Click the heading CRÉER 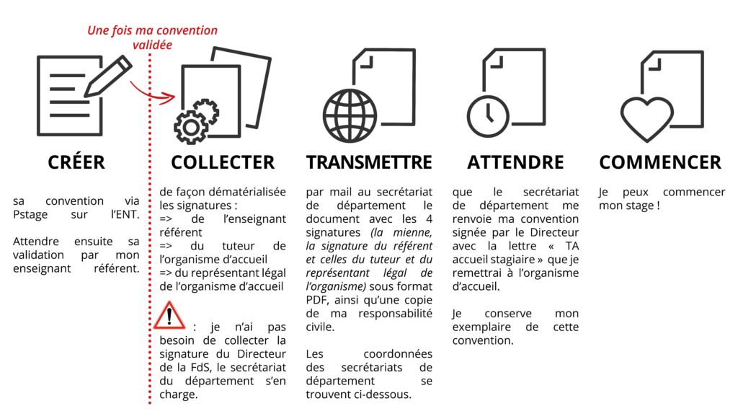point(76,162)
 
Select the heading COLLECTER point(223,162)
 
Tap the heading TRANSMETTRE point(369,162)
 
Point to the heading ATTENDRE point(515,162)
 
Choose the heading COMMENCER point(660,162)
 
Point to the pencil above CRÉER point(109,77)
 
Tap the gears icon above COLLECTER point(195,120)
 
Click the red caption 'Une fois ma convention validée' point(152,38)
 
